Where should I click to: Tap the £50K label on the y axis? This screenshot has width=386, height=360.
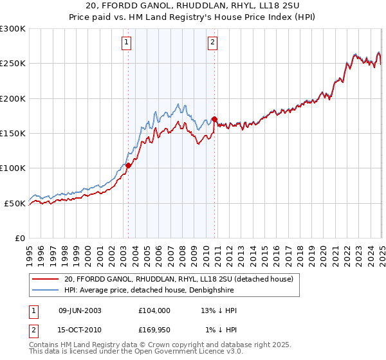click(14, 203)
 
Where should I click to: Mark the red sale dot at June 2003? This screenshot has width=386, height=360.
click(128, 165)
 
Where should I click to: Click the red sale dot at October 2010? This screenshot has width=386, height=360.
click(214, 119)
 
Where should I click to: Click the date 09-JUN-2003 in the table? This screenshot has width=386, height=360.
click(80, 310)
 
